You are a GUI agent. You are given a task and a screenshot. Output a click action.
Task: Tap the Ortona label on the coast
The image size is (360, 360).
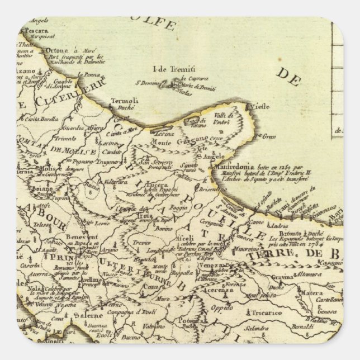pyautogui.click(x=55, y=50)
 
